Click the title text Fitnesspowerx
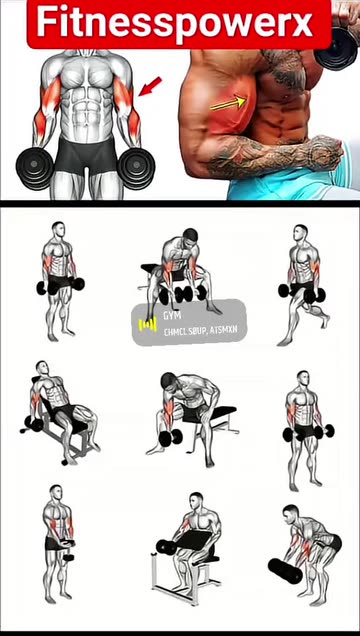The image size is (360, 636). click(x=178, y=22)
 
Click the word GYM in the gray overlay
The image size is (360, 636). click(x=157, y=313)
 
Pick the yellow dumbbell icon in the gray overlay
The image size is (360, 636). click(x=147, y=324)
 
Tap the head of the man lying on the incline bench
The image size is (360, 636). click(x=41, y=369)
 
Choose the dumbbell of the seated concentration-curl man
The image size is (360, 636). click(x=170, y=437)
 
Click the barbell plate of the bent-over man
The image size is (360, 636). click(x=284, y=571)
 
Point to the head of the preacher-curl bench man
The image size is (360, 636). click(x=196, y=500)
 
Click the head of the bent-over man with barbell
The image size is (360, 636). click(x=289, y=513)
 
